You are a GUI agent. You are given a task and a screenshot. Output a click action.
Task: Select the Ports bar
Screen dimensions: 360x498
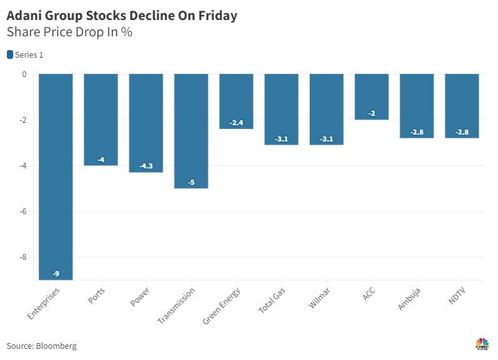[101, 120]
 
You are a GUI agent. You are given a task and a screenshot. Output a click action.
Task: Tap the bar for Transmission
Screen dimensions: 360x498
[191, 131]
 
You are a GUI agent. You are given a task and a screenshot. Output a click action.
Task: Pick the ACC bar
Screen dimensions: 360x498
[372, 96]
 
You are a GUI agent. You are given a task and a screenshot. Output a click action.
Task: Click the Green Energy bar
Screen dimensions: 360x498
[236, 101]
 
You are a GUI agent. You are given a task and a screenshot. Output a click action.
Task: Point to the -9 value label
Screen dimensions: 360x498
[56, 274]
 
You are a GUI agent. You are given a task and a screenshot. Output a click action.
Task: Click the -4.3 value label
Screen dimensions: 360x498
[146, 167]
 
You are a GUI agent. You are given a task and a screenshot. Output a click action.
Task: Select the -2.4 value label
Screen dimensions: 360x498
[236, 123]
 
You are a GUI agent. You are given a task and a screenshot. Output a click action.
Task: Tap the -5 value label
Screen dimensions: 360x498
[191, 182]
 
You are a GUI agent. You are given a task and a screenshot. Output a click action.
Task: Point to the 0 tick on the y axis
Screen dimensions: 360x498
[24, 75]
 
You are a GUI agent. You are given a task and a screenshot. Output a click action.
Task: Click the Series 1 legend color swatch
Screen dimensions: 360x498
[10, 55]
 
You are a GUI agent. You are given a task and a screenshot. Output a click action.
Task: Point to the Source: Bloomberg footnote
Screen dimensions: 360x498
[41, 346]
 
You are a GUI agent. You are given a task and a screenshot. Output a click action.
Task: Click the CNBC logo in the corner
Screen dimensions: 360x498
[482, 344]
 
